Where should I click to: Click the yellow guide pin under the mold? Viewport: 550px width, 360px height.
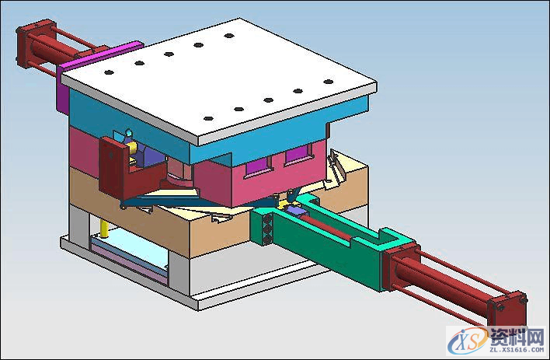[104, 229]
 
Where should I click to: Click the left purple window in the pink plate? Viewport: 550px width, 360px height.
[259, 166]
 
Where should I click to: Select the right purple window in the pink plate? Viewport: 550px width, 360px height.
[298, 153]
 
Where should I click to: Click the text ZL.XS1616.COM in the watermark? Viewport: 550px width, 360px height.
[517, 350]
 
